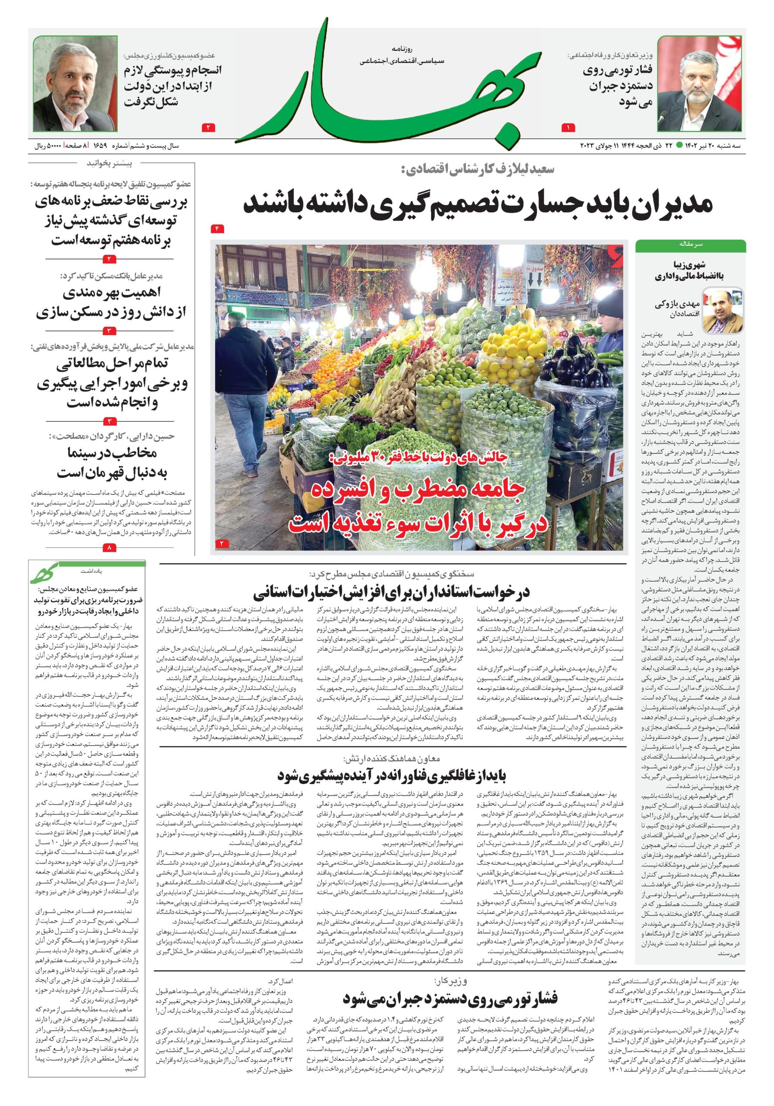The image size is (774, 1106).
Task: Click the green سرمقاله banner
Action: (x=690, y=245)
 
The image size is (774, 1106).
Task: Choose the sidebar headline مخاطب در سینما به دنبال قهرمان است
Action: (x=114, y=463)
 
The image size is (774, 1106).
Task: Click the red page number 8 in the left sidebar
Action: (x=109, y=547)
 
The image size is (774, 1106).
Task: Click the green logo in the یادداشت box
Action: (x=45, y=573)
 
